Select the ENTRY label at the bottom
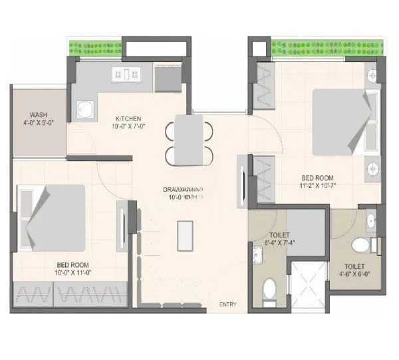click(x=228, y=304)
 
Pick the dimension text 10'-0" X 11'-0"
click(x=72, y=272)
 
